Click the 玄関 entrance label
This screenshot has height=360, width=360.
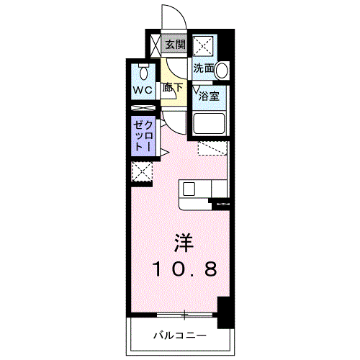pos(175,45)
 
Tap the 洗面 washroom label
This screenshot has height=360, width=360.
pos(204,69)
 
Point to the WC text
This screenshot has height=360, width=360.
pos(141,91)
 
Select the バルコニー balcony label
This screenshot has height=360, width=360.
pos(180,336)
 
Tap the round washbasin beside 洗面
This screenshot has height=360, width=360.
pos(222,70)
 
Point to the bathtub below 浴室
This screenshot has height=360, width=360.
pos(210,125)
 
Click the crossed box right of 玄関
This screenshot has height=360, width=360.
pos(203,45)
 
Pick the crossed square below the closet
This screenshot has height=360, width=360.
pos(142,171)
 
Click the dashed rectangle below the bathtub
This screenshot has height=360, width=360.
pos(213,149)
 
